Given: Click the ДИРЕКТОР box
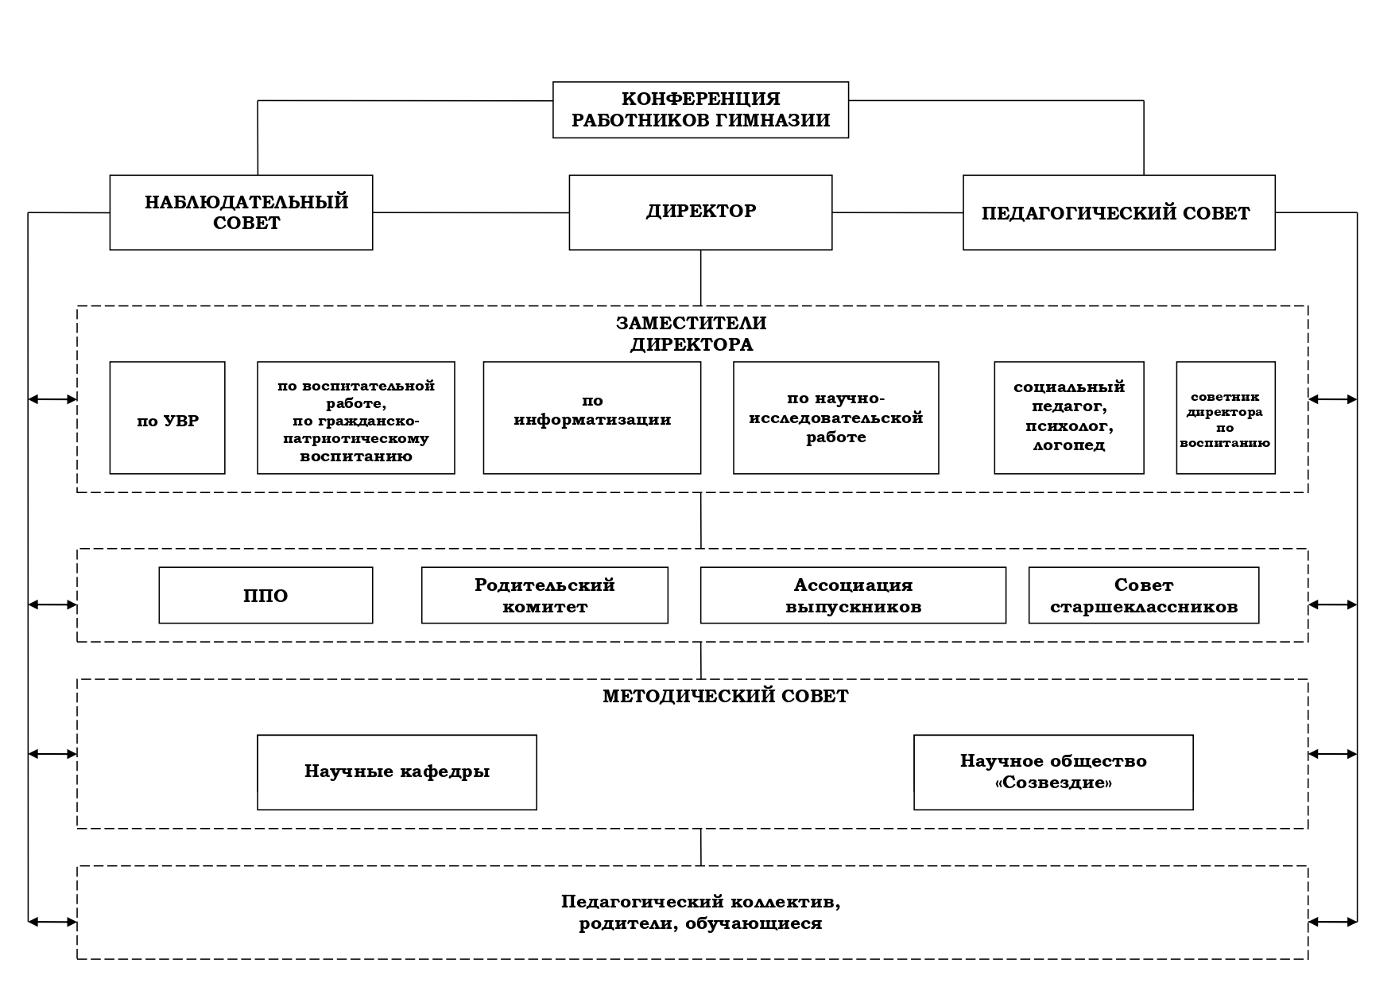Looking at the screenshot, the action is [x=700, y=212].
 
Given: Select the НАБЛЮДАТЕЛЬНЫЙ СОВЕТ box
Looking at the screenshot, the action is [x=241, y=212].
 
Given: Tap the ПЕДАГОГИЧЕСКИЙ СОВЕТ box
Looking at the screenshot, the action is [x=1118, y=212].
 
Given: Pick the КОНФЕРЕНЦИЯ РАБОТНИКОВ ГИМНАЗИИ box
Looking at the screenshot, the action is [x=700, y=110].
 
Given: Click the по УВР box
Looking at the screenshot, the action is [x=167, y=418].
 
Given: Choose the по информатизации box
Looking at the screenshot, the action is [x=592, y=418].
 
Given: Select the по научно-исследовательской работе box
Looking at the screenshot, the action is [x=835, y=418].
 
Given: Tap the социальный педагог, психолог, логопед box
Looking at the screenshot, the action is [x=1069, y=418].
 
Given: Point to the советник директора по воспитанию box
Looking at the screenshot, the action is [x=1226, y=418].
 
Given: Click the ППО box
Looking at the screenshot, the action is [x=265, y=595].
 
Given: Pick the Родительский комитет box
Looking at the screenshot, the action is [x=544, y=595].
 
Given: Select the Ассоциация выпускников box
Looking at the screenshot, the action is [x=853, y=595].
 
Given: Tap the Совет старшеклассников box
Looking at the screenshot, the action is [x=1144, y=595].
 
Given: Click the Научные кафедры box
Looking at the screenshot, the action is [x=397, y=772].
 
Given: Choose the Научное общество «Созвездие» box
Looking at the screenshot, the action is [x=1053, y=772].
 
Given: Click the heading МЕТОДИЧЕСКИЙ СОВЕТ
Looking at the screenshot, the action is [x=726, y=697].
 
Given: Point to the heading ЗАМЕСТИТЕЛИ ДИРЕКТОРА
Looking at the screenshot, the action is [x=692, y=334].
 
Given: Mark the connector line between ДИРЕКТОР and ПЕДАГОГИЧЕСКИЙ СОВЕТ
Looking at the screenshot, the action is [x=897, y=212].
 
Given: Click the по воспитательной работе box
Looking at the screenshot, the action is [x=356, y=418].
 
